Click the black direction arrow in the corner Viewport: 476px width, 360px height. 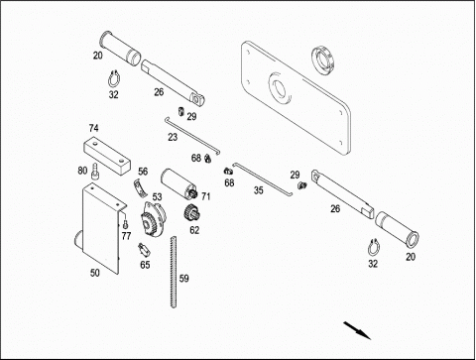tap(357, 330)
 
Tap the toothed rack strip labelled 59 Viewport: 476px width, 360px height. tap(174, 272)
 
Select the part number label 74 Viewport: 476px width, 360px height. tap(93, 128)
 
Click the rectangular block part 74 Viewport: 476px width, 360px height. tap(106, 155)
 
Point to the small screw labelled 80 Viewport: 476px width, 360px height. tap(95, 171)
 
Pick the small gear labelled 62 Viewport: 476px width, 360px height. tap(190, 213)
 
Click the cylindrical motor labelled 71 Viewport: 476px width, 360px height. tap(178, 183)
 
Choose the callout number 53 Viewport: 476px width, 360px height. tap(157, 197)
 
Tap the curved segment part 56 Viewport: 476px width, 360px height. tap(140, 186)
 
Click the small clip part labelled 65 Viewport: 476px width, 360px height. tap(144, 250)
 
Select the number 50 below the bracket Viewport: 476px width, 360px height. tap(95, 273)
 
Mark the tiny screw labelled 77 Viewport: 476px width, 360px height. tap(125, 224)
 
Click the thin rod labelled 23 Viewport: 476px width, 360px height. tap(192, 137)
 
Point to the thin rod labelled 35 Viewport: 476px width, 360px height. tap(263, 179)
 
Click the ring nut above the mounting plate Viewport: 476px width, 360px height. tap(323, 60)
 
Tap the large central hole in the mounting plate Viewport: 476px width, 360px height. tap(279, 87)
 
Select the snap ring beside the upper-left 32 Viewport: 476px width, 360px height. tap(114, 79)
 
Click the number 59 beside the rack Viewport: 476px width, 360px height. tap(184, 279)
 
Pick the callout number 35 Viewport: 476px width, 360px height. tap(259, 190)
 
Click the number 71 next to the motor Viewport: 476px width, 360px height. tap(205, 196)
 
